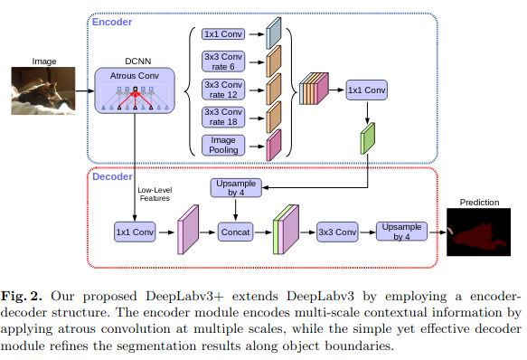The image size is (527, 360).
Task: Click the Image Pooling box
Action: click(x=222, y=145)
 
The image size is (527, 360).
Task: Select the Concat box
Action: click(x=235, y=232)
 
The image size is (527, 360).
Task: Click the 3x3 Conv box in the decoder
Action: click(x=337, y=232)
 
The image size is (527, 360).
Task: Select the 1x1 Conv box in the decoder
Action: click(x=134, y=232)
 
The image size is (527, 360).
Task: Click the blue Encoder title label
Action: click(x=112, y=22)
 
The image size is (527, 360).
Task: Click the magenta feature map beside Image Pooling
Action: click(x=274, y=144)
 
